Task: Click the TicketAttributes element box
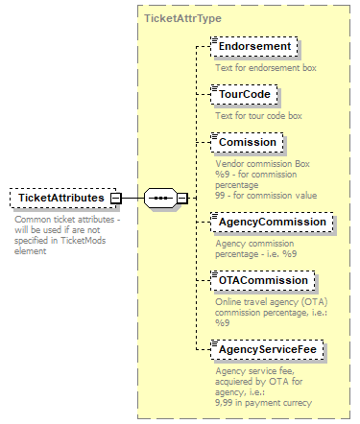coord(61,199)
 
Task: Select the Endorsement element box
coord(255,47)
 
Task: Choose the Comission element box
coord(248,143)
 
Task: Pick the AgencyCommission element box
coord(272,222)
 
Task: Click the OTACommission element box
coord(263,280)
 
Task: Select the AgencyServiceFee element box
coord(269,350)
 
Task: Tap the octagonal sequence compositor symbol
coord(161,199)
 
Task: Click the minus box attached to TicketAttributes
coord(115,199)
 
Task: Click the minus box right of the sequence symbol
coord(181,199)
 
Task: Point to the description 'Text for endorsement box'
coord(265,68)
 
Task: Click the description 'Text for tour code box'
coord(258,116)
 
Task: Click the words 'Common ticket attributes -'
coord(66,220)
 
